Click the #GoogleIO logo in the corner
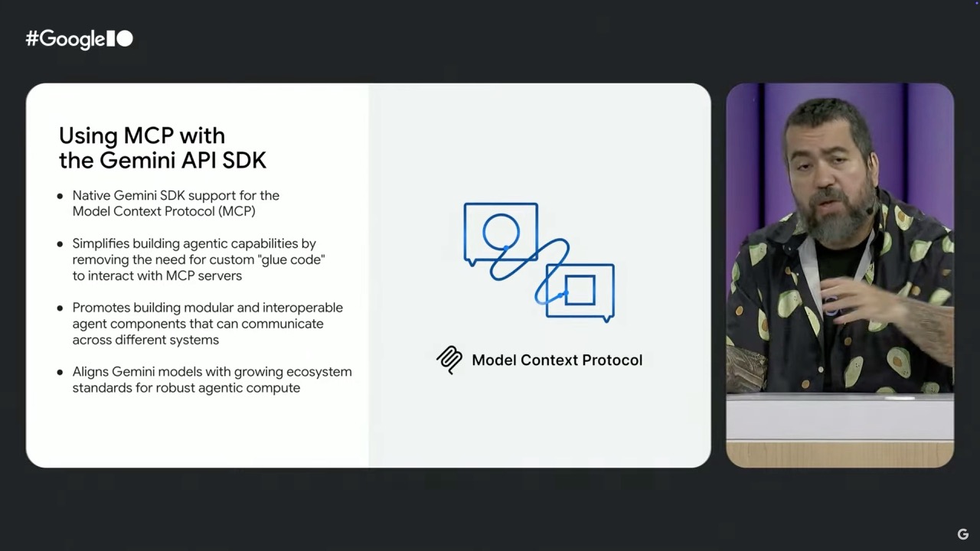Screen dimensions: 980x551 tap(79, 39)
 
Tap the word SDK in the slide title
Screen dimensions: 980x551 tap(244, 161)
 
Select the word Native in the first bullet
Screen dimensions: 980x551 tap(91, 195)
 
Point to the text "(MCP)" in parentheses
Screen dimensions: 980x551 tap(237, 212)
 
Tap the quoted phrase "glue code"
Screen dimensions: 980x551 tap(292, 259)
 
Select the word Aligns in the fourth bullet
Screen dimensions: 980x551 tap(90, 372)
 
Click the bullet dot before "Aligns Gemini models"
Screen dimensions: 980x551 tap(60, 373)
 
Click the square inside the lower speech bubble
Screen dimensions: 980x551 tap(580, 276)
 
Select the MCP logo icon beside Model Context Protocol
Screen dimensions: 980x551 tap(449, 360)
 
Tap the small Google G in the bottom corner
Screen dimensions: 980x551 tap(963, 534)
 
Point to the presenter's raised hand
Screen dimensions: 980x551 tap(857, 302)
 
